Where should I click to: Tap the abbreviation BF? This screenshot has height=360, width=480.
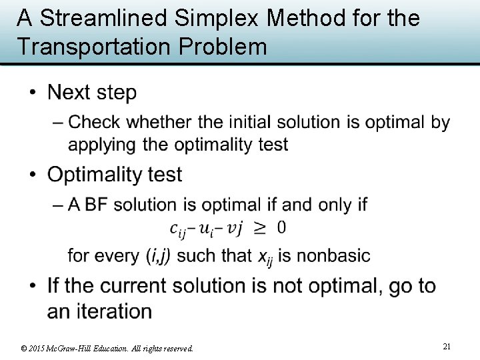pyautogui.click(x=98, y=205)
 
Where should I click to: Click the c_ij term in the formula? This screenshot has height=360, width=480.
pyautogui.click(x=180, y=229)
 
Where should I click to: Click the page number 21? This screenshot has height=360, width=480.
pyautogui.click(x=447, y=346)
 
